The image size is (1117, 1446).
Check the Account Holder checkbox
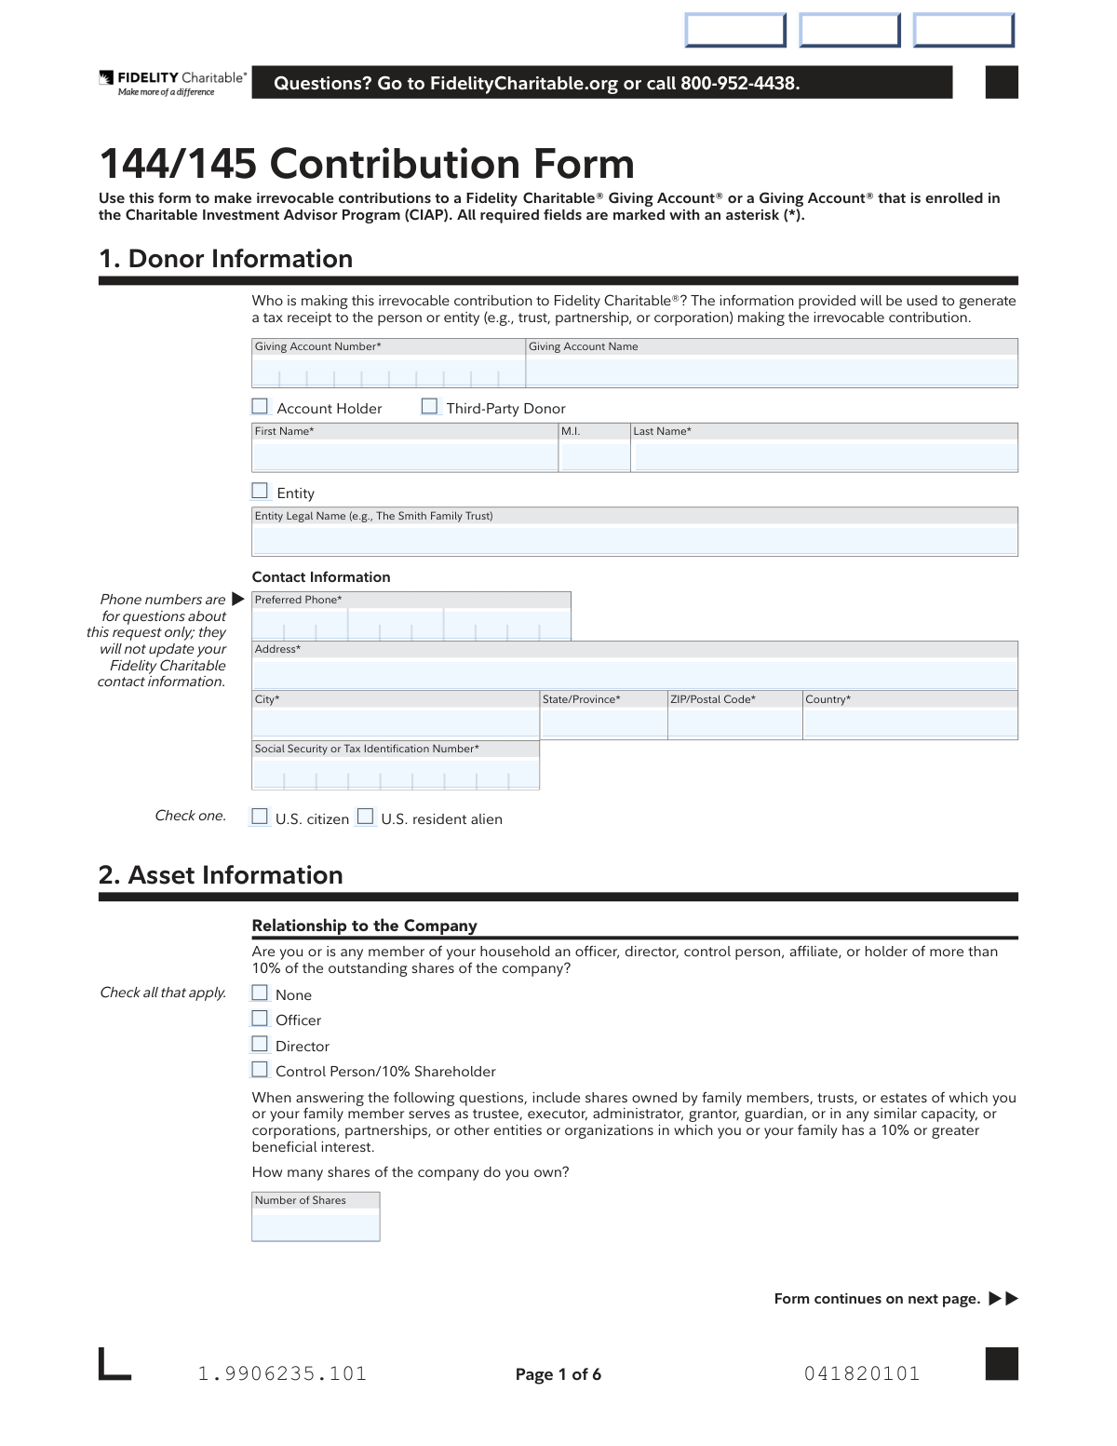[260, 407]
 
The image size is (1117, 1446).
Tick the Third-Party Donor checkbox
[429, 407]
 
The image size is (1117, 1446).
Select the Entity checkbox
[260, 492]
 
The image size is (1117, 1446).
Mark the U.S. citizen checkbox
[260, 818]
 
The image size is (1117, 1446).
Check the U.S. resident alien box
[366, 818]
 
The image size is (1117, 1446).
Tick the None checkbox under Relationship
[260, 993]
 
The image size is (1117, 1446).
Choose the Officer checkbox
[260, 1019]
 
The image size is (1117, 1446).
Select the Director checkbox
[260, 1045]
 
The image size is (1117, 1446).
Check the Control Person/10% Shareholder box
[260, 1070]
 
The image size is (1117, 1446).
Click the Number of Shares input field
[316, 1225]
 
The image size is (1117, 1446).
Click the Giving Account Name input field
[771, 372]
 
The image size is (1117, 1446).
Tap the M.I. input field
[595, 456]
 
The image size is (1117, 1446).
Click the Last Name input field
[824, 456]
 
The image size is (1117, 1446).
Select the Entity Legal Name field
[634, 540]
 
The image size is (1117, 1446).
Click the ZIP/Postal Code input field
[734, 723]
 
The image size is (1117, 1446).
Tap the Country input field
[909, 723]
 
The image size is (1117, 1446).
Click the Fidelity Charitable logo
[173, 83]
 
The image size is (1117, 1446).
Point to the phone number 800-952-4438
[739, 84]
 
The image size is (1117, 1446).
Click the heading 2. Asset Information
[221, 875]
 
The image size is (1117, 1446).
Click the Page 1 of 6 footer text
[558, 1374]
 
